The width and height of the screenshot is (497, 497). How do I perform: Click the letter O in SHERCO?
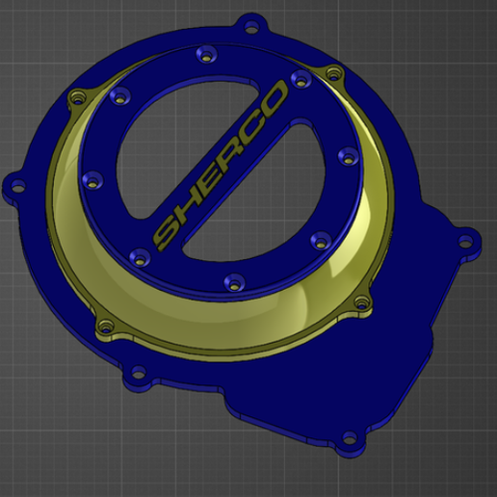pos(274,100)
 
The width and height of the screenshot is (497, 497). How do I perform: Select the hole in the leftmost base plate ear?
pos(16,182)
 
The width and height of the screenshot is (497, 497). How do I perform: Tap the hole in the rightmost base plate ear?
pos(469,242)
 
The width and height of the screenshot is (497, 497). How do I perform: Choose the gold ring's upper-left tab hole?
pos(75,96)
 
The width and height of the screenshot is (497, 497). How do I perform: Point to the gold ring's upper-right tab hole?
pos(333,73)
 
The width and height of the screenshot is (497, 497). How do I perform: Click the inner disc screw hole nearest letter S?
pos(135,255)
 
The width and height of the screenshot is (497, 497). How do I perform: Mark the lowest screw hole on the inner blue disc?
pos(230,281)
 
